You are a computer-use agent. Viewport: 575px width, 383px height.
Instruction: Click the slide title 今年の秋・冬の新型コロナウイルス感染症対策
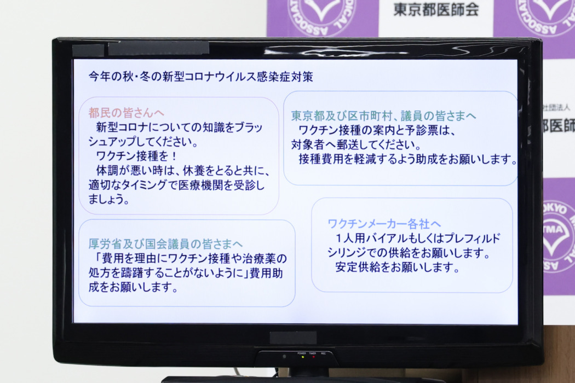coord(200,77)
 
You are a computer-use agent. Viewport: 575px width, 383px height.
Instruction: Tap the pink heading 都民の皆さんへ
coord(126,113)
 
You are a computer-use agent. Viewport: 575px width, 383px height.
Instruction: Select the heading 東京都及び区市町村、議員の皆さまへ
coord(383,116)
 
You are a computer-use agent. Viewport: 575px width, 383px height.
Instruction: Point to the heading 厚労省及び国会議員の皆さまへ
coord(165,243)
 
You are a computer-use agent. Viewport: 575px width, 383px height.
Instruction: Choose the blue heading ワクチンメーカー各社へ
coord(384,223)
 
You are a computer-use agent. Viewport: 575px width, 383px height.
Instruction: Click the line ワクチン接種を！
coord(136,156)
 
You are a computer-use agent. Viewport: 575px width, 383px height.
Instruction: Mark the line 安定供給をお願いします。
coord(397,267)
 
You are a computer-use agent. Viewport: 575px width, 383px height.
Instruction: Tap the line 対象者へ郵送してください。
coord(356,145)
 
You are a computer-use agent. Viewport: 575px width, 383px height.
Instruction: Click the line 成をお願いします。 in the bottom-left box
coord(133,287)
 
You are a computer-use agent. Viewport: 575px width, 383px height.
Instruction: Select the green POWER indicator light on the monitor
coord(302,357)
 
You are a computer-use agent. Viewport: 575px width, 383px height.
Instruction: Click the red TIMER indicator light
coord(313,357)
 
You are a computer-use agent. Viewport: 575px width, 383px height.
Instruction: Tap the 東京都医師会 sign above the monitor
coord(436,9)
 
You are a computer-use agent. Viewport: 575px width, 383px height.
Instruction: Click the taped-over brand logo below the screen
coord(293,338)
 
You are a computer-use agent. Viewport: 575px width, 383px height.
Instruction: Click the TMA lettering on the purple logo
coord(553,229)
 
